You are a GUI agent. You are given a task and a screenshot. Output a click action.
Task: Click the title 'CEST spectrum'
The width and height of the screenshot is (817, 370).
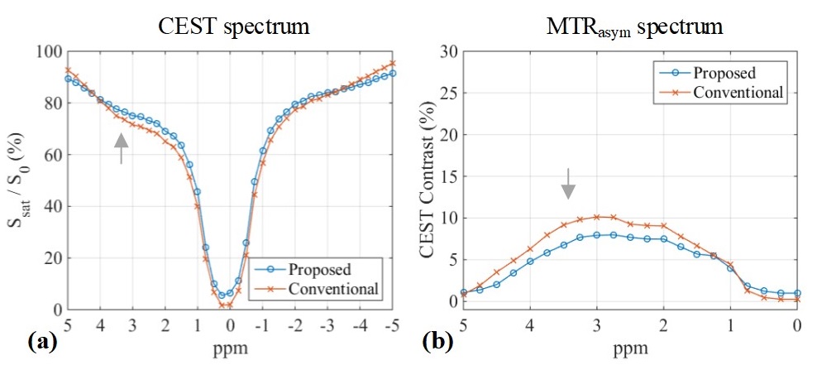point(234,26)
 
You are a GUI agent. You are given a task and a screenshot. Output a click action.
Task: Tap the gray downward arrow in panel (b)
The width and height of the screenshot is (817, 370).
point(568,183)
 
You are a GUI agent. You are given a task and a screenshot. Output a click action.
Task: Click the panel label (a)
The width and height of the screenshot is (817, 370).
point(41,339)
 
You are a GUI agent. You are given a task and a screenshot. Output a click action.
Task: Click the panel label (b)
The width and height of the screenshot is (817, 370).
point(437,339)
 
